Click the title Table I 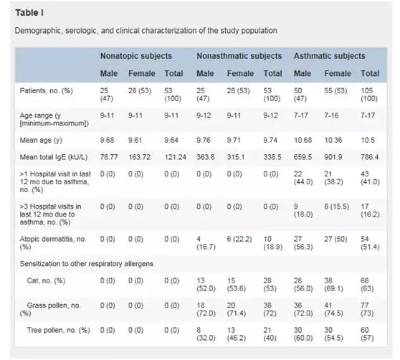coord(29,12)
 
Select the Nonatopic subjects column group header coord(136,56)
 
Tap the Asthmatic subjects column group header coord(329,56)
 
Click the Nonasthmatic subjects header coord(239,56)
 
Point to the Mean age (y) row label coord(41,141)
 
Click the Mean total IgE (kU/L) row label coord(54,157)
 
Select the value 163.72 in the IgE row coord(139,157)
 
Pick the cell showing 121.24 coord(175,157)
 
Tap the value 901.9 coord(333,157)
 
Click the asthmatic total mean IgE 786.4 coord(369,157)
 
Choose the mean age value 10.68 coord(303,140)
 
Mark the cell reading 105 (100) coord(369,95)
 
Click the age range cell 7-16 coord(331,115)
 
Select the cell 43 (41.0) coord(370,178)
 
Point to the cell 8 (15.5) coord(336,207)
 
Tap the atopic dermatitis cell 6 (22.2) coord(239,239)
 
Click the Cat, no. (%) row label coord(46,280)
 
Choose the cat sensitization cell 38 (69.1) coord(333,285)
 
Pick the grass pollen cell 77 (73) coord(367,309)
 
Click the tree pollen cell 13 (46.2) coord(237,334)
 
